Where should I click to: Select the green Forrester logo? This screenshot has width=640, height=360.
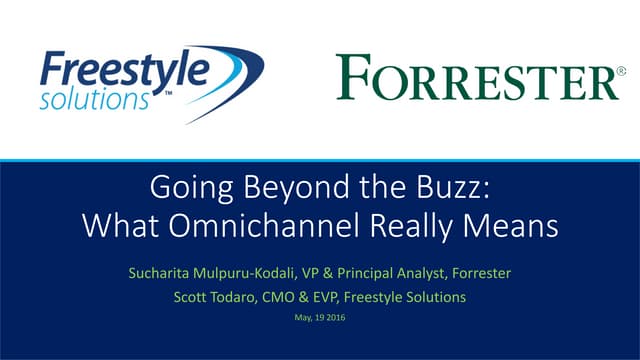[471, 78]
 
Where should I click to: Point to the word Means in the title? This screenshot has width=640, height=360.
[515, 226]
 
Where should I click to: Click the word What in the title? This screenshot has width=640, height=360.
[114, 226]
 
